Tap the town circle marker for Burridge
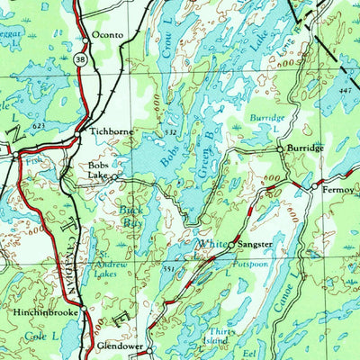[280, 148]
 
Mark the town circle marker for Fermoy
[314, 187]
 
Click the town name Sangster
[256, 244]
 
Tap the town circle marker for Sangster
[231, 244]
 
